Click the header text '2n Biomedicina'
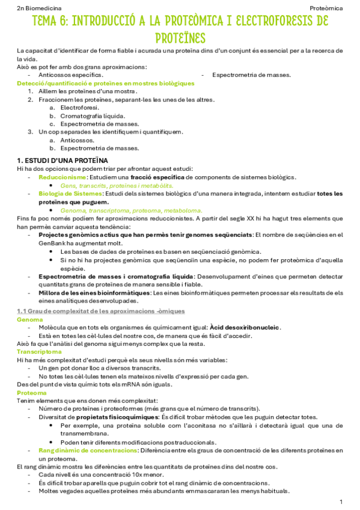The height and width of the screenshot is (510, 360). [x=37, y=8]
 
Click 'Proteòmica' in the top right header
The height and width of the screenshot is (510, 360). [x=326, y=8]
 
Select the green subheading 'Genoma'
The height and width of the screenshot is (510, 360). [x=29, y=319]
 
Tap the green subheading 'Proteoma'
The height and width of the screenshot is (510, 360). [x=31, y=392]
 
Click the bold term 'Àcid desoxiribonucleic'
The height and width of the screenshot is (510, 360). [x=246, y=327]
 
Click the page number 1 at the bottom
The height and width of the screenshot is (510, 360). [x=341, y=501]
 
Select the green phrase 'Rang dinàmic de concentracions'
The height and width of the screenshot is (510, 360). [x=88, y=450]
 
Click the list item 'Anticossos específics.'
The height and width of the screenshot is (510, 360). [x=67, y=75]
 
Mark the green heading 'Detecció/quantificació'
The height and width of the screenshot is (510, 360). [x=55, y=83]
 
